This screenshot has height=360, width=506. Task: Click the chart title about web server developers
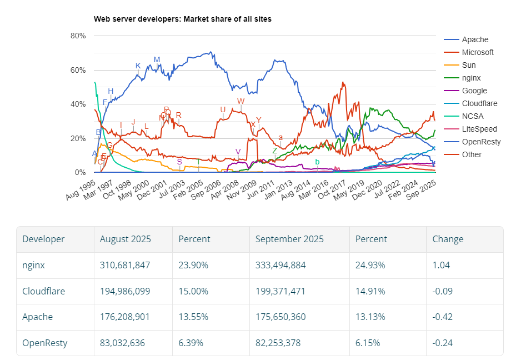tap(182, 19)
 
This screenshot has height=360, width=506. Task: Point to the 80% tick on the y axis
tap(78, 36)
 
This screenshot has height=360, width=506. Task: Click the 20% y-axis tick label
tap(78, 138)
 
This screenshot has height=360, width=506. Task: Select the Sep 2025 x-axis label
tap(422, 190)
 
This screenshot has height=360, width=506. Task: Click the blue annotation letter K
tap(138, 66)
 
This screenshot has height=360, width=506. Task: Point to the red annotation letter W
tap(241, 101)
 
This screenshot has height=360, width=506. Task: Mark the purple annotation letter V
tap(238, 152)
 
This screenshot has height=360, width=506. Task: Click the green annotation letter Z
tap(274, 151)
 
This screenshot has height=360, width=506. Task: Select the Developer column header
tap(43, 239)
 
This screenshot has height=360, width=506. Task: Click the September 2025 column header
tap(289, 239)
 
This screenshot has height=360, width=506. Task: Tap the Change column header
tap(448, 239)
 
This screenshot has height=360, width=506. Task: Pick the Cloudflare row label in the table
tap(43, 291)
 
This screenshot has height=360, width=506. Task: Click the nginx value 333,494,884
tap(280, 266)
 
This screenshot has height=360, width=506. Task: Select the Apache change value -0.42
tap(443, 317)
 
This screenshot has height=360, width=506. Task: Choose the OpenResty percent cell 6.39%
tap(191, 343)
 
